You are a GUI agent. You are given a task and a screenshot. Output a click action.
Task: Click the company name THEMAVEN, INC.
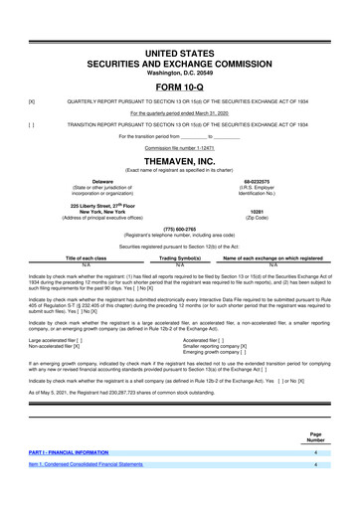point(179,161)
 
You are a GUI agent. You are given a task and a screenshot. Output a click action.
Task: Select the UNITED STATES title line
point(179,51)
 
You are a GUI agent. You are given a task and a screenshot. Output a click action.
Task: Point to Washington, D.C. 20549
point(179,72)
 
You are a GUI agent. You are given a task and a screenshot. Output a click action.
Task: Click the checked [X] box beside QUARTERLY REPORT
point(32,102)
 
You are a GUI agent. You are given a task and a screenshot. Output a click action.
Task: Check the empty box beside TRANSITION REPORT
point(32,124)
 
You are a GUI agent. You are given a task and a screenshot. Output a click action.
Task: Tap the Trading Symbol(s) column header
point(180,256)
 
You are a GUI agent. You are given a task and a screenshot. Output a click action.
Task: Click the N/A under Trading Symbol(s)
point(180,263)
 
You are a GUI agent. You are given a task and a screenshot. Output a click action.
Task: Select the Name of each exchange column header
point(272,256)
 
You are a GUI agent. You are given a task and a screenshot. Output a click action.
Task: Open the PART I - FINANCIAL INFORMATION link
point(76,479)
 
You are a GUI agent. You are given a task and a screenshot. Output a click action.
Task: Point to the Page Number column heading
point(315,463)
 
